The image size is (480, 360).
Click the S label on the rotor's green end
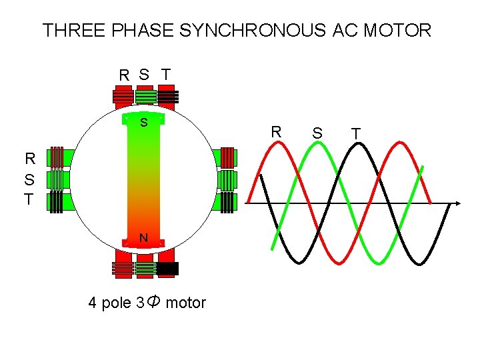pos(143,123)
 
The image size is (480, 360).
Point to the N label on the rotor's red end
pos(143,238)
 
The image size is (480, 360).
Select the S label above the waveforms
pos(318,134)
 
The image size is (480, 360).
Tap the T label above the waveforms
pos(357,134)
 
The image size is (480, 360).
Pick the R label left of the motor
pos(30,159)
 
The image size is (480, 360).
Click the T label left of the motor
pos(29,199)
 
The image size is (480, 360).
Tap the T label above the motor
pos(166,74)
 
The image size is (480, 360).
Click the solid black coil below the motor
pos(167,269)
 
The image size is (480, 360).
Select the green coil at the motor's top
pos(145,97)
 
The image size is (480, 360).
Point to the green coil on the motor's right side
pos(227,179)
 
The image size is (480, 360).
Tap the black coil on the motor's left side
pos(58,202)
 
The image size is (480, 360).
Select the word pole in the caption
pos(116,303)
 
